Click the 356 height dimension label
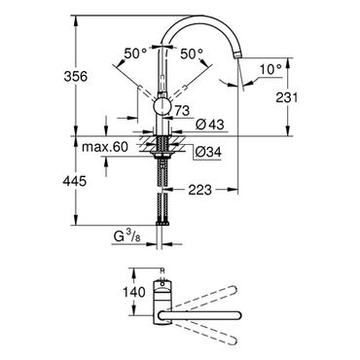pyautogui.click(x=75, y=77)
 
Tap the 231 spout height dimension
pyautogui.click(x=286, y=97)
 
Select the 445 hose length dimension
pyautogui.click(x=75, y=181)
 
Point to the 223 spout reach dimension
pyautogui.click(x=199, y=190)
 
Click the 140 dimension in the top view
pyautogui.click(x=134, y=292)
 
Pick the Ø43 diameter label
pyautogui.click(x=210, y=124)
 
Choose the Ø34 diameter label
pyautogui.click(x=208, y=152)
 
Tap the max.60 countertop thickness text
pyautogui.click(x=105, y=147)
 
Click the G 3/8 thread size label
pyautogui.click(x=126, y=237)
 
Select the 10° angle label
pyautogui.click(x=270, y=69)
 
